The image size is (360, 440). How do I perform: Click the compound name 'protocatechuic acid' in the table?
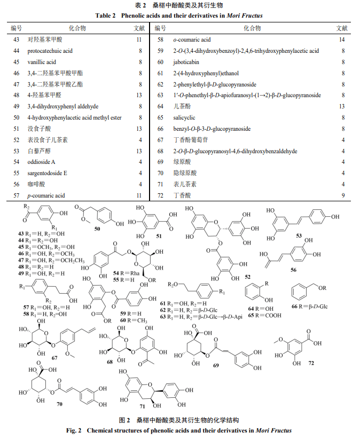50,51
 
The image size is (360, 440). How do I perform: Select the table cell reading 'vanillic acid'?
42,62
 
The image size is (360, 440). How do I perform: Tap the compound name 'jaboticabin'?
186,62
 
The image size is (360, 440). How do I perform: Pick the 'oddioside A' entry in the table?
41,162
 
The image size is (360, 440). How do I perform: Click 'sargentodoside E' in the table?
47,173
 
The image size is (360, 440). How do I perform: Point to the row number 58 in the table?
160,40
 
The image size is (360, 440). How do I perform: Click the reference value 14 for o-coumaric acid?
341,40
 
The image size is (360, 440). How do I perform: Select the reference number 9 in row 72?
343,195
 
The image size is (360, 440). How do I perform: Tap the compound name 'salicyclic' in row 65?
184,117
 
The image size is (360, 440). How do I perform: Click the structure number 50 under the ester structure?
97,229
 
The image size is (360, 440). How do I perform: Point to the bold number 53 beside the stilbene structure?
299,235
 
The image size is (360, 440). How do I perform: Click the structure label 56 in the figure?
293,270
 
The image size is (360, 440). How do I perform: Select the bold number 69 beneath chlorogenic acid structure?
216,365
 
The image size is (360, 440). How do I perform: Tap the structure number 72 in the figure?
311,363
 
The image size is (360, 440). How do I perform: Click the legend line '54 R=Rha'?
126,273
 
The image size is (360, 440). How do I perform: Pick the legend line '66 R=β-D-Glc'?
309,307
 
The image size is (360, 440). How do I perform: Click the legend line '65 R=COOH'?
264,316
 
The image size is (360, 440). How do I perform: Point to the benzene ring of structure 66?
300,292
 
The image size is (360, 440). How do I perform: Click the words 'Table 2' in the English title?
105,15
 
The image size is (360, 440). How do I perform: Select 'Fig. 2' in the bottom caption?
74,430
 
